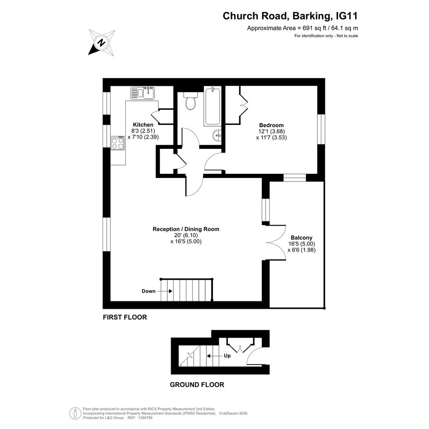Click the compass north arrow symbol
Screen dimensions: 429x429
point(102,43)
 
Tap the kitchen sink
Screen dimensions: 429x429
point(143,93)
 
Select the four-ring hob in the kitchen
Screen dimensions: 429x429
point(118,143)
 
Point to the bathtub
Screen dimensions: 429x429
point(212,106)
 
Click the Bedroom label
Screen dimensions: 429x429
point(271,125)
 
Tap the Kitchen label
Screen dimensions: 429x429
point(143,125)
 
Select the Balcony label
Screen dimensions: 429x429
point(301,238)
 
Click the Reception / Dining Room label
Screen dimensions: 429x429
point(186,229)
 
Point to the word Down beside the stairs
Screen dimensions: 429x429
point(148,291)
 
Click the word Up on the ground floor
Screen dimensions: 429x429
point(227,355)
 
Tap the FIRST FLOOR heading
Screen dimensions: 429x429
point(125,317)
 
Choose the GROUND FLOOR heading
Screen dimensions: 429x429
point(197,385)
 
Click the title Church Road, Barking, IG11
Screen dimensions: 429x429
point(290,16)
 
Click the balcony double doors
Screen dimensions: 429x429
point(276,242)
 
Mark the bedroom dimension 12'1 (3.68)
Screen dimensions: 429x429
point(271,131)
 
